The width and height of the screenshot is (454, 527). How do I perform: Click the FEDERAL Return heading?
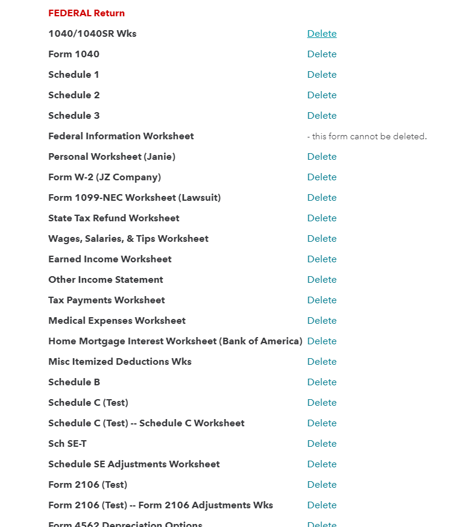pyautogui.click(x=86, y=13)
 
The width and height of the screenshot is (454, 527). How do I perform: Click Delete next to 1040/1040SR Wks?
pyautogui.click(x=321, y=34)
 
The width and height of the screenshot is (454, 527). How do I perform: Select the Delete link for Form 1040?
pyautogui.click(x=321, y=54)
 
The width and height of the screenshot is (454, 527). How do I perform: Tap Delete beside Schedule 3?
pyautogui.click(x=321, y=116)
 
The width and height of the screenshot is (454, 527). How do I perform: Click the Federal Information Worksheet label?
pyautogui.click(x=121, y=136)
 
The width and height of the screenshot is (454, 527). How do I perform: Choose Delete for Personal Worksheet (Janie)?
pyautogui.click(x=321, y=157)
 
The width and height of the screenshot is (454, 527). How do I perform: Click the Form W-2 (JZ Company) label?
pyautogui.click(x=104, y=177)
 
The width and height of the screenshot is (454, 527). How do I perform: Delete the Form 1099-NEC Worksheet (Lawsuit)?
pyautogui.click(x=321, y=198)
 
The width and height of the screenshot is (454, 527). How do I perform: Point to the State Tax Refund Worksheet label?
pyautogui.click(x=113, y=218)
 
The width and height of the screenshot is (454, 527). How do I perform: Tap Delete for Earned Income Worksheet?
pyautogui.click(x=321, y=259)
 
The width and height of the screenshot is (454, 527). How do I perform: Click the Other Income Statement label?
pyautogui.click(x=106, y=280)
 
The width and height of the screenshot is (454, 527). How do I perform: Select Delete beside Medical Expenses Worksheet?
pyautogui.click(x=321, y=321)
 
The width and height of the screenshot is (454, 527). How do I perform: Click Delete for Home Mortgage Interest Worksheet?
pyautogui.click(x=321, y=341)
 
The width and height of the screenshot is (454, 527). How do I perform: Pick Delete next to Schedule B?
pyautogui.click(x=321, y=382)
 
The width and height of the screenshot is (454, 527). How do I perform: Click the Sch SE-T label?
pyautogui.click(x=67, y=444)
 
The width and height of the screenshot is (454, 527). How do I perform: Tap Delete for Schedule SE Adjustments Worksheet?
pyautogui.click(x=321, y=464)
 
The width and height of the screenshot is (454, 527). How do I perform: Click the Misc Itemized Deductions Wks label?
pyautogui.click(x=119, y=362)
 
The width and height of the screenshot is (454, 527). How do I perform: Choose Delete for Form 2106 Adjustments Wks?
pyautogui.click(x=321, y=505)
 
